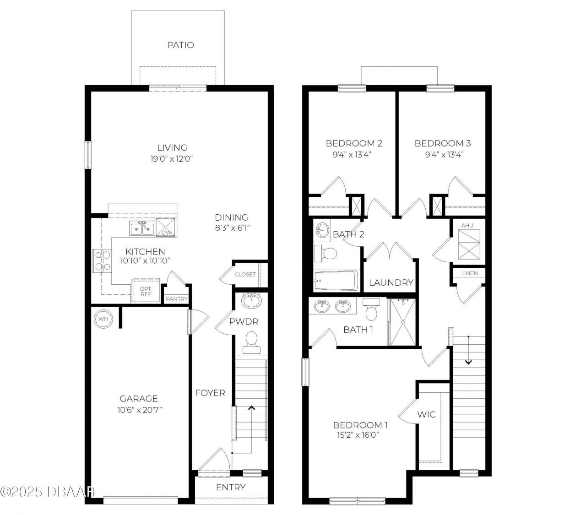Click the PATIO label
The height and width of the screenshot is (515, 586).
[180, 45]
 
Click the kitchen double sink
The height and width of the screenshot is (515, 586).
[141, 228]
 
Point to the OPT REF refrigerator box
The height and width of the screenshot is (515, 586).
[146, 291]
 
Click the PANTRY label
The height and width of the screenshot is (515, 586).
[177, 299]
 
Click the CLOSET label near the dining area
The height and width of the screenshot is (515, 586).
[245, 275]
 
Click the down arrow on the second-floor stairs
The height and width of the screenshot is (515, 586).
[468, 362]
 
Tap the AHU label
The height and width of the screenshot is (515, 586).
[467, 225]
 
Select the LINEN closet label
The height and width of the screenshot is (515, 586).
[469, 273]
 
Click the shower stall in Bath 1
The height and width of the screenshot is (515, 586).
[402, 322]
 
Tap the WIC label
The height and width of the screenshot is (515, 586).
[426, 415]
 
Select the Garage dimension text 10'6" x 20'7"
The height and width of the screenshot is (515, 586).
[139, 410]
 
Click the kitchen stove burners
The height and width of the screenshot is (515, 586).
[101, 261]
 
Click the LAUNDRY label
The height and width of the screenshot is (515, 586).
[391, 282]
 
